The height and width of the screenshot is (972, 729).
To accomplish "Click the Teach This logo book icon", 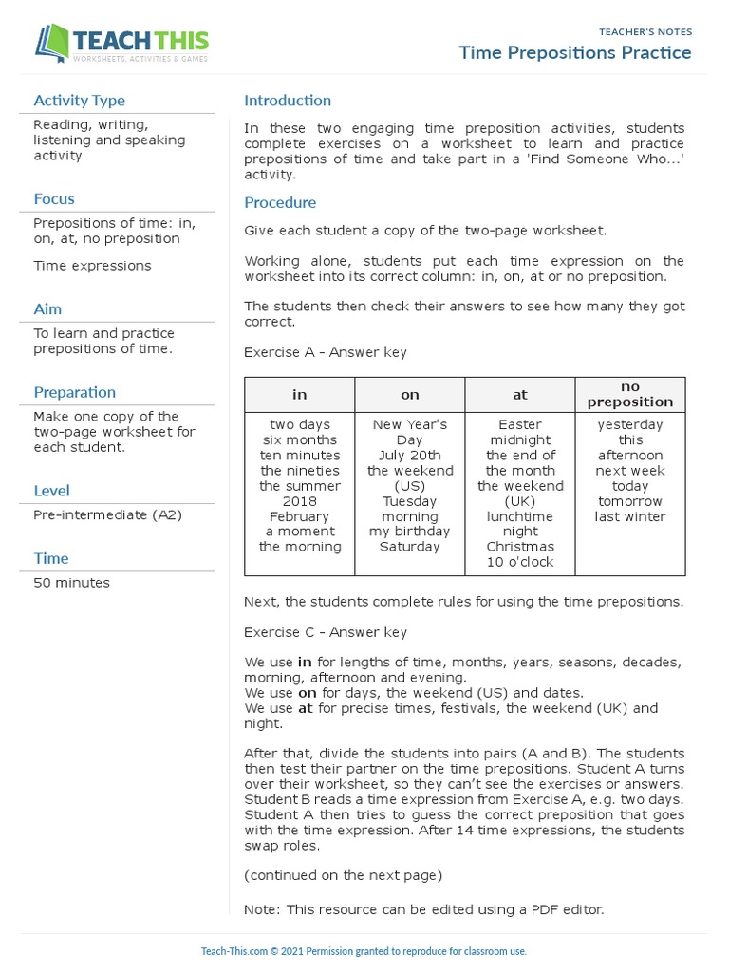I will pyautogui.click(x=53, y=43).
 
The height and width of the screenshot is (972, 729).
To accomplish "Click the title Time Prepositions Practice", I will pyautogui.click(x=575, y=52).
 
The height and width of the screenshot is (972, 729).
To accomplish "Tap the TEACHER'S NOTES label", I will pyautogui.click(x=645, y=31).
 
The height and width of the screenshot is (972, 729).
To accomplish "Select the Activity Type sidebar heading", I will pyautogui.click(x=79, y=101).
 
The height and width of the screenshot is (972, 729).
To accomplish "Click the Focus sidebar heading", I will pyautogui.click(x=54, y=198).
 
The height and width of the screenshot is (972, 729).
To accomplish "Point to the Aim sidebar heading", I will pyautogui.click(x=47, y=308).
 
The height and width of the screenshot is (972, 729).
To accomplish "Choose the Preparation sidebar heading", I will pyautogui.click(x=74, y=392).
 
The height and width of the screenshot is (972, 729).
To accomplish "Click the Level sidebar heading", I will pyautogui.click(x=51, y=491).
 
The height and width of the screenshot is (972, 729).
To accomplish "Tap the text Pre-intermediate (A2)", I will pyautogui.click(x=107, y=514).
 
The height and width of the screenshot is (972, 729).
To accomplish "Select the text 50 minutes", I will pyautogui.click(x=71, y=583).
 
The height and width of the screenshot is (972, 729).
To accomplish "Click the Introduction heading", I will pyautogui.click(x=288, y=101).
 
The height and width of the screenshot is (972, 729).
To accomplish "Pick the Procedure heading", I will pyautogui.click(x=280, y=202).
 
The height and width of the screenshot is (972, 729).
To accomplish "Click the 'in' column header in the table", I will pyautogui.click(x=300, y=395).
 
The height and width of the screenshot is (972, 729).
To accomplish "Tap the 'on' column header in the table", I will pyautogui.click(x=410, y=395).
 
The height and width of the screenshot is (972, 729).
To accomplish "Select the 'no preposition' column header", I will pyautogui.click(x=630, y=394).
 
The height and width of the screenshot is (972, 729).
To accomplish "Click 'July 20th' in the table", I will pyautogui.click(x=410, y=456).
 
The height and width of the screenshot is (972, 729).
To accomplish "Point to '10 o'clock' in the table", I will pyautogui.click(x=520, y=562).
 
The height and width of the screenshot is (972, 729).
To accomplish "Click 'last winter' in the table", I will pyautogui.click(x=630, y=516).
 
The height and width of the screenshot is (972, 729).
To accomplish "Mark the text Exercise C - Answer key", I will pyautogui.click(x=326, y=632).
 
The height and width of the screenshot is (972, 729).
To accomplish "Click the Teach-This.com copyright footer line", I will pyautogui.click(x=364, y=951).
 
